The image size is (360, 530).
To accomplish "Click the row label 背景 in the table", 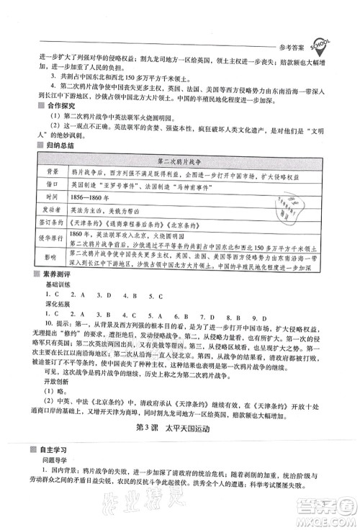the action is tap(43, 174).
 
